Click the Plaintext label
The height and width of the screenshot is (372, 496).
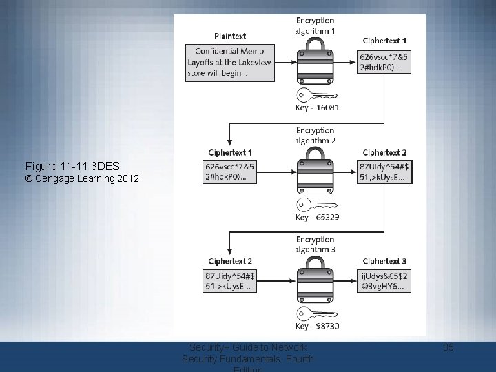[x=230, y=36]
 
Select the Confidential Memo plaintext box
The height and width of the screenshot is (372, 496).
[x=230, y=63]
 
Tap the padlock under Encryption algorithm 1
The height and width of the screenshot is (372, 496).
[x=316, y=61]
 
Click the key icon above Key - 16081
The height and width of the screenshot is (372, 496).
[x=316, y=95]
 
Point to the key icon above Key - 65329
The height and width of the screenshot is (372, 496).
[x=316, y=205]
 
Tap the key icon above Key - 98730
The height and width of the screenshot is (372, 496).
[x=316, y=314]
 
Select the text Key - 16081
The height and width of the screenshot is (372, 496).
[x=316, y=107]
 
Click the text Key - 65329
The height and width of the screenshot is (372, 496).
[x=316, y=217]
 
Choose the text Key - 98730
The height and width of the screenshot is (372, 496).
[x=316, y=326]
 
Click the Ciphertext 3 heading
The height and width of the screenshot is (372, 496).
[x=384, y=261]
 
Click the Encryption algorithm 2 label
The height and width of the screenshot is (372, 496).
[x=316, y=135]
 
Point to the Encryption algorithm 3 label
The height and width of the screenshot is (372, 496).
[x=316, y=245]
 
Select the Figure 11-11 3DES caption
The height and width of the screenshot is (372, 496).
[x=72, y=167]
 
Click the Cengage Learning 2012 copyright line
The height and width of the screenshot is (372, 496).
[x=82, y=179]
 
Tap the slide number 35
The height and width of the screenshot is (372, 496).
[x=448, y=347]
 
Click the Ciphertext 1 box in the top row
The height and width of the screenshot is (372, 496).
[x=384, y=62]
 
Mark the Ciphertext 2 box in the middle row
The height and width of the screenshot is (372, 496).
[x=384, y=172]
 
